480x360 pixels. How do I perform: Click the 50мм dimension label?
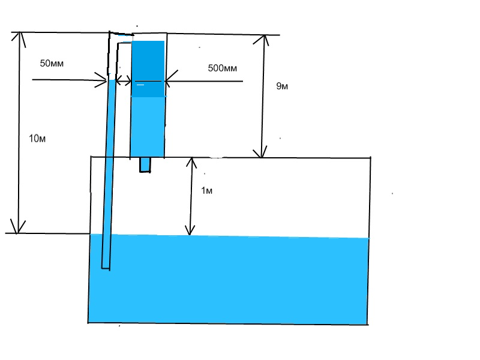(52, 63)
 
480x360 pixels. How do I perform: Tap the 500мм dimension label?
(223, 68)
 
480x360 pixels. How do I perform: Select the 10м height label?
(37, 139)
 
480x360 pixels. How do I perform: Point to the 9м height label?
(282, 86)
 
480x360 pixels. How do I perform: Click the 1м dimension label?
(206, 191)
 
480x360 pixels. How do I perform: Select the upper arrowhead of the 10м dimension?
(20, 37)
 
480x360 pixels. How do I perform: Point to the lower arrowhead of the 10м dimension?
(20, 228)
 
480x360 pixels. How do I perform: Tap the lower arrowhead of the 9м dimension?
(262, 152)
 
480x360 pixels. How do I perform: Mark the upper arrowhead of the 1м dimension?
(190, 162)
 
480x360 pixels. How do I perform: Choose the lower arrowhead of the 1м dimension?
(190, 230)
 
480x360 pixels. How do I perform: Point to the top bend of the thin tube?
(112, 34)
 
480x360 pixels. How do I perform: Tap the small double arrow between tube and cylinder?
(124, 79)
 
